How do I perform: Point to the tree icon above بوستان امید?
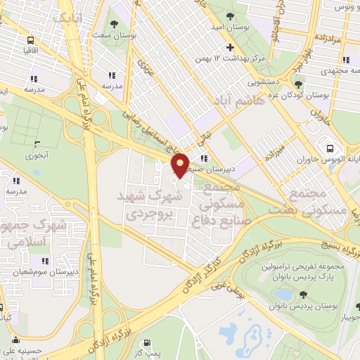click(231, 14)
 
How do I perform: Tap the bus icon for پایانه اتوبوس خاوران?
click(330, 148)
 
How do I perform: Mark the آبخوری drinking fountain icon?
click(38, 146)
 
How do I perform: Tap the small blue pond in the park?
click(283, 295)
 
